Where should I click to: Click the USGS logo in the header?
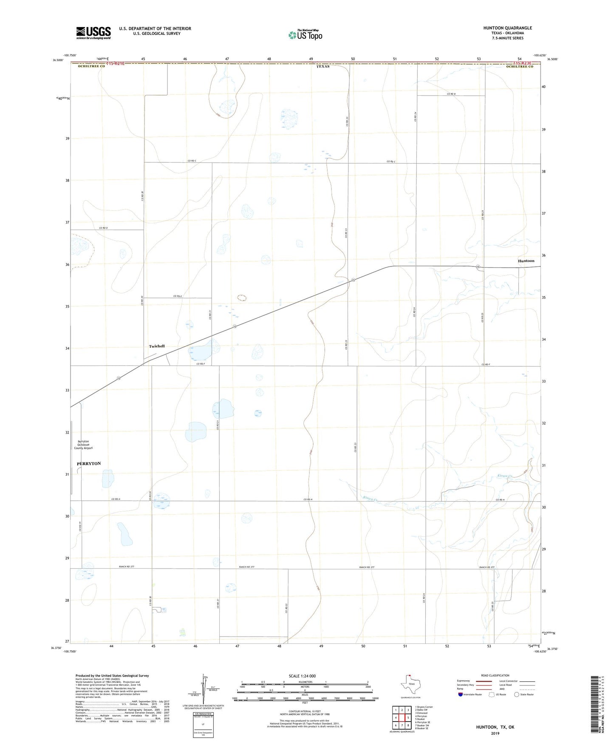[x=93, y=33]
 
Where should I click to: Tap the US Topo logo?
[x=305, y=35]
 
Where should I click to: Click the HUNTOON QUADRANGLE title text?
[x=507, y=28]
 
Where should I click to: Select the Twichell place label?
[x=157, y=346]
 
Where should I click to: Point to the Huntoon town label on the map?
[x=526, y=261]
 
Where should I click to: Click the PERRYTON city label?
[x=89, y=464]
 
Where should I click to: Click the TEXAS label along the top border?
[x=323, y=67]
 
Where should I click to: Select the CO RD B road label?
[x=451, y=94]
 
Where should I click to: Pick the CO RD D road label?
[x=103, y=228]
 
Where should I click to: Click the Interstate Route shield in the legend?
[x=461, y=694]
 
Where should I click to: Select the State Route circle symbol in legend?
[x=517, y=694]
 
